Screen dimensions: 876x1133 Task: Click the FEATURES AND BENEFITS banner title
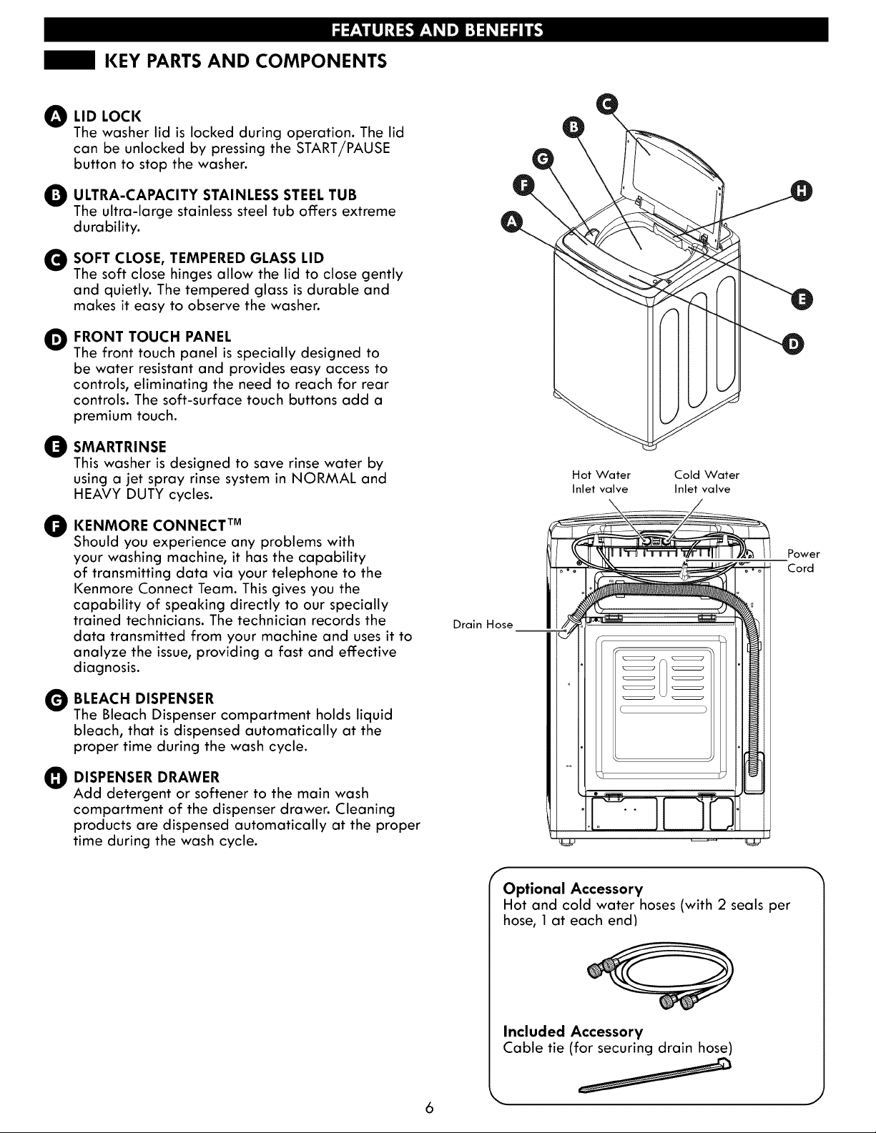tap(437, 30)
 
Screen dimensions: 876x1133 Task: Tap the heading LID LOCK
tap(107, 116)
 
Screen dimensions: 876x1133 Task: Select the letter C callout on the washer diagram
tap(606, 104)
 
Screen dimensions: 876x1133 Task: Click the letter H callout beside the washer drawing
tap(802, 192)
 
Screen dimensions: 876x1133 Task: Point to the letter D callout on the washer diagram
tap(794, 344)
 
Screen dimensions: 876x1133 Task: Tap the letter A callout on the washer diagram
tap(511, 222)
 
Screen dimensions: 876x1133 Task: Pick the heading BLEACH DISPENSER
tap(144, 698)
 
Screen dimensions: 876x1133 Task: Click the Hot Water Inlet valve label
tap(601, 482)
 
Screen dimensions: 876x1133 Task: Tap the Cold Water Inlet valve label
tap(707, 482)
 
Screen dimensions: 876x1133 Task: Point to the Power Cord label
tap(803, 561)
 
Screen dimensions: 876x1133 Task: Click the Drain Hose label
tap(483, 624)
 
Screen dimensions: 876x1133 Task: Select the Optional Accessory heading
tap(573, 888)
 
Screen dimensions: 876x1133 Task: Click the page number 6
tap(429, 1107)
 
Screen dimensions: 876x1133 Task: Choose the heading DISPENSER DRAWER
tap(147, 777)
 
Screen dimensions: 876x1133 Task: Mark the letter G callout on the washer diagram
tap(543, 159)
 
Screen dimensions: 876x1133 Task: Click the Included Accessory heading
tap(573, 1031)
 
